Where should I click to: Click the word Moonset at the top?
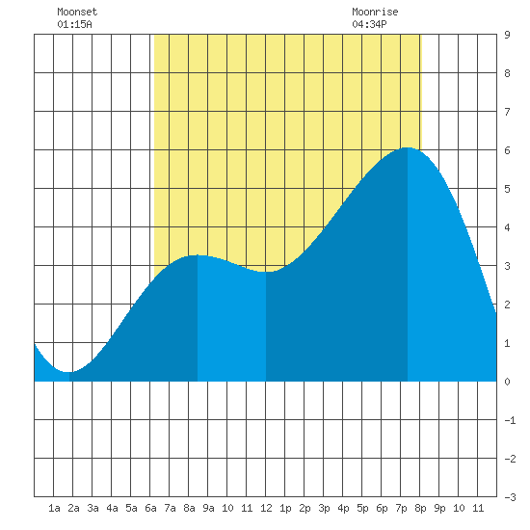pos(77,12)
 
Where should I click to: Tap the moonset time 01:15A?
pos(74,24)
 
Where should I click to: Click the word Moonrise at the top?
pos(375,12)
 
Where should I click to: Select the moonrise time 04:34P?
pos(369,24)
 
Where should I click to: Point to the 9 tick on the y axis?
pos(507,35)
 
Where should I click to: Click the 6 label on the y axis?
pos(507,150)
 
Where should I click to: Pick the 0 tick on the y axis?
pos(507,382)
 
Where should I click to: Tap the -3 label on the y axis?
pos(510,497)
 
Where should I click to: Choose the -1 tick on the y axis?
pos(510,420)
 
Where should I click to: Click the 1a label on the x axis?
pos(54,508)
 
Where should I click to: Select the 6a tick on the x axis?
pos(150,508)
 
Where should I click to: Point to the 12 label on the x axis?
pos(266,508)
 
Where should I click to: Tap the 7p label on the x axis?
pos(401,508)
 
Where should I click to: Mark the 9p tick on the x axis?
pos(439,508)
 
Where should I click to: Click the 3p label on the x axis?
pos(324,508)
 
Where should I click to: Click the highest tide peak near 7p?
pos(408,147)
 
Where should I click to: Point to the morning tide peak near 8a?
pos(198,255)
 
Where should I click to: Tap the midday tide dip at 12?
pos(266,272)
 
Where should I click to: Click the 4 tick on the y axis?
pos(507,227)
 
